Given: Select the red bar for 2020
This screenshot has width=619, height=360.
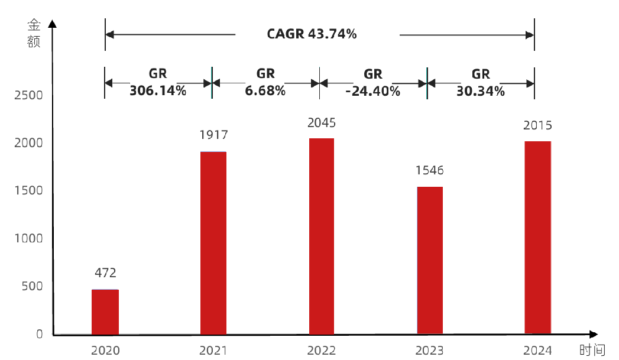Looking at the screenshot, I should click(x=105, y=312).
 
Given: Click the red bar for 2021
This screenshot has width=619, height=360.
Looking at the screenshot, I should click(x=213, y=243).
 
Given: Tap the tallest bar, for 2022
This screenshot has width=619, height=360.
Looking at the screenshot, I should click(x=322, y=236).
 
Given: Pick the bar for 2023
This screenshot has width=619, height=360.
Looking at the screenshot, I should click(x=430, y=261).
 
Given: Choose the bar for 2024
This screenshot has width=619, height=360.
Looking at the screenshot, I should click(x=537, y=238).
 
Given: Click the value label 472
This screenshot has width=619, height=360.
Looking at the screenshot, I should click(x=105, y=273).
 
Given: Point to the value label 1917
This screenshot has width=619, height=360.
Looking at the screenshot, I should click(x=213, y=135).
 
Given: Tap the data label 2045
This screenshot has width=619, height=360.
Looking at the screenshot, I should click(x=322, y=123).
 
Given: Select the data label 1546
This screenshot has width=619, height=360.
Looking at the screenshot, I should click(x=430, y=171).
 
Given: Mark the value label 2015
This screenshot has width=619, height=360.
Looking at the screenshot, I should click(x=537, y=125).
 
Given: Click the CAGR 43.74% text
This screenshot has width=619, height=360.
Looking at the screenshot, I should click(x=312, y=34).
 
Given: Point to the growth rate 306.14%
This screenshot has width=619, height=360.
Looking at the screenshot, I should click(x=158, y=91).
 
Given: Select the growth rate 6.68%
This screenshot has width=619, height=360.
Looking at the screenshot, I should click(x=265, y=91).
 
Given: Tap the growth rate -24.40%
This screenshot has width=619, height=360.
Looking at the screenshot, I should click(x=373, y=91).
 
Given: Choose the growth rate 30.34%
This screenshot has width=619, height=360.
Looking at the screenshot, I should click(x=481, y=91).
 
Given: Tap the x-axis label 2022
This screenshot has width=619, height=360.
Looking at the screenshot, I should click(x=322, y=351).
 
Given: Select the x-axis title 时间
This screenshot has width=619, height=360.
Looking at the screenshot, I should click(x=592, y=351).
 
